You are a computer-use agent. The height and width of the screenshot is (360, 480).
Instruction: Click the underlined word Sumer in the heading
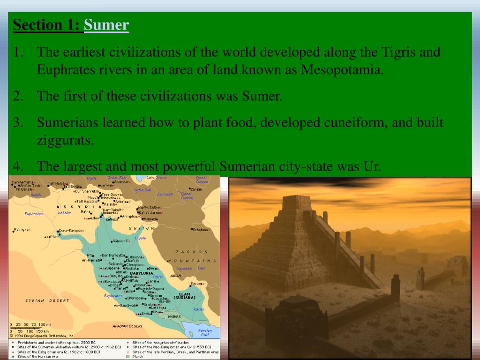click(x=106, y=25)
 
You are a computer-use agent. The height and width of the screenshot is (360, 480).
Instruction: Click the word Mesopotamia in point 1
click(x=342, y=70)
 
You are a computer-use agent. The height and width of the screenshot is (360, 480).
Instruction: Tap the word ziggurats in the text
click(x=66, y=140)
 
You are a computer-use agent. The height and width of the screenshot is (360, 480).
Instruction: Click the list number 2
click(x=18, y=97)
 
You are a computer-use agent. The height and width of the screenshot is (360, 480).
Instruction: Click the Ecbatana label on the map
click(x=200, y=230)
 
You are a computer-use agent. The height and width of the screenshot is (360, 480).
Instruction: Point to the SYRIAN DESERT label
click(x=47, y=300)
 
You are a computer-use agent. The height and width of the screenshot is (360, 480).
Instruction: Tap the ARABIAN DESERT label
click(x=127, y=326)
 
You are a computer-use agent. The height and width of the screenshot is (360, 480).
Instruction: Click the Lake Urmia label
click(x=157, y=177)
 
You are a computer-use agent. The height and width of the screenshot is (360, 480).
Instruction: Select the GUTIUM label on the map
click(x=142, y=228)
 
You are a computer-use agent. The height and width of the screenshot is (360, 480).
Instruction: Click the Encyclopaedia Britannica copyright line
click(x=43, y=336)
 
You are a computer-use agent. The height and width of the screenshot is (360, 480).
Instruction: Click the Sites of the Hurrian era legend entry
click(x=37, y=357)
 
